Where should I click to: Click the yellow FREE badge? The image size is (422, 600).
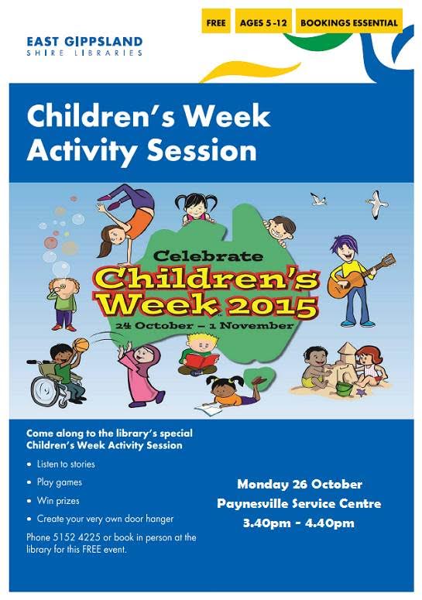pos(217,22)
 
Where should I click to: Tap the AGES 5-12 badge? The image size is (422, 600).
pos(262,22)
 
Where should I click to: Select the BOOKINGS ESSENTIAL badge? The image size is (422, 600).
pos(348,22)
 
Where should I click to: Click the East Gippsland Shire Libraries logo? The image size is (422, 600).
pos(84,46)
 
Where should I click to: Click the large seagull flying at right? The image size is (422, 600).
pos(376,206)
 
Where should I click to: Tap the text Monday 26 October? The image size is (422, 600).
pos(299,485)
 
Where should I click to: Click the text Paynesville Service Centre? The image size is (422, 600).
pos(299,503)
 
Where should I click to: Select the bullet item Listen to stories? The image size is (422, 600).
pos(66,465)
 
